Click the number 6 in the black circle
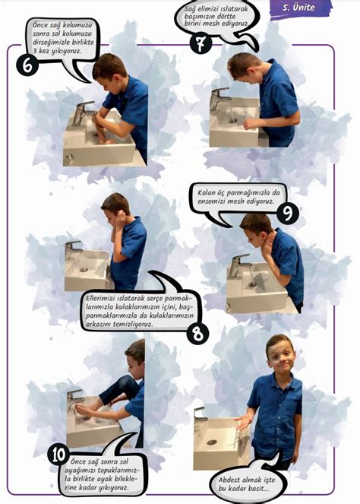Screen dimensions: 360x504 (27, 65)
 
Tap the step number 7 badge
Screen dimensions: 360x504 (201, 43)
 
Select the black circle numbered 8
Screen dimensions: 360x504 (197, 334)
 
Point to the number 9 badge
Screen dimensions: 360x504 (287, 212)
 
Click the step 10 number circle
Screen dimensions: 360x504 (58, 455)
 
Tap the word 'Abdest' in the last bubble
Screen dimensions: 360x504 (229, 480)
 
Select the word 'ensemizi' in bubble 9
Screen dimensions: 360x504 (211, 201)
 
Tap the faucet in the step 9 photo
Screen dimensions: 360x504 (239, 265)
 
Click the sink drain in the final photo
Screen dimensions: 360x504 (212, 442)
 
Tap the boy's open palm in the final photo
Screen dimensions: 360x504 (243, 421)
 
